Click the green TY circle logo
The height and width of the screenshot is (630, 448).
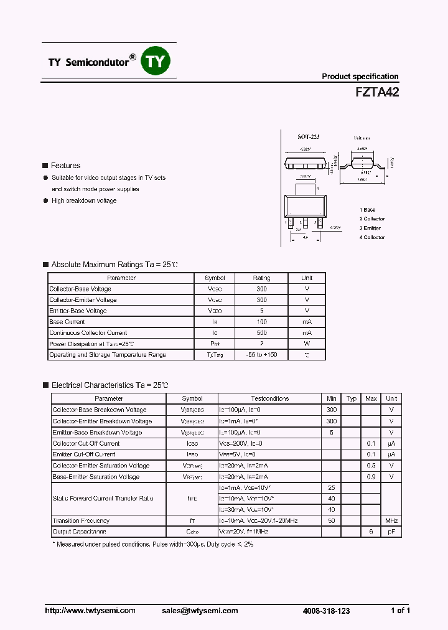click(x=157, y=61)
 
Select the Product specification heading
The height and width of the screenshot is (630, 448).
click(x=360, y=77)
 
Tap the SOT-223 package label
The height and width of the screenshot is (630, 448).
click(x=308, y=136)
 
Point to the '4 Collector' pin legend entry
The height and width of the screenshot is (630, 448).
click(x=372, y=237)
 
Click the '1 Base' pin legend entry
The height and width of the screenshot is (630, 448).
click(x=368, y=210)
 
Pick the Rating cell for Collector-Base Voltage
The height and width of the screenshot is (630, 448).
click(x=261, y=289)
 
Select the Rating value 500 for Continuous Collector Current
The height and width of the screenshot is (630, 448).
click(x=261, y=332)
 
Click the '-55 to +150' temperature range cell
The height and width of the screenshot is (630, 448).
click(x=261, y=355)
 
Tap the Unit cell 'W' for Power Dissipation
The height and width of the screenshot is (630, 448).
click(x=307, y=344)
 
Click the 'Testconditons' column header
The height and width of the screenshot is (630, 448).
click(x=269, y=398)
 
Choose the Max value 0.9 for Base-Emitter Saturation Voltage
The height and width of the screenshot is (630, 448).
click(x=371, y=477)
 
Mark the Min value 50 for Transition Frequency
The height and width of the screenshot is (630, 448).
click(x=332, y=520)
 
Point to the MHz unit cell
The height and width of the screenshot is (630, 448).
click(x=391, y=520)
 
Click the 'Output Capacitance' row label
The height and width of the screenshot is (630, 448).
click(x=79, y=532)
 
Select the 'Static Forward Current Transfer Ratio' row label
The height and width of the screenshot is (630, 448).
click(x=102, y=499)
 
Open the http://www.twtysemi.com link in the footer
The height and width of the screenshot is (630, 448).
click(x=90, y=611)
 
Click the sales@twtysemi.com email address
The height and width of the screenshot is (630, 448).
click(x=199, y=611)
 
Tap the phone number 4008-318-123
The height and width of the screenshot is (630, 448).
click(x=327, y=611)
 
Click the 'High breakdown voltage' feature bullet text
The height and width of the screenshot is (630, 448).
click(x=84, y=200)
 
